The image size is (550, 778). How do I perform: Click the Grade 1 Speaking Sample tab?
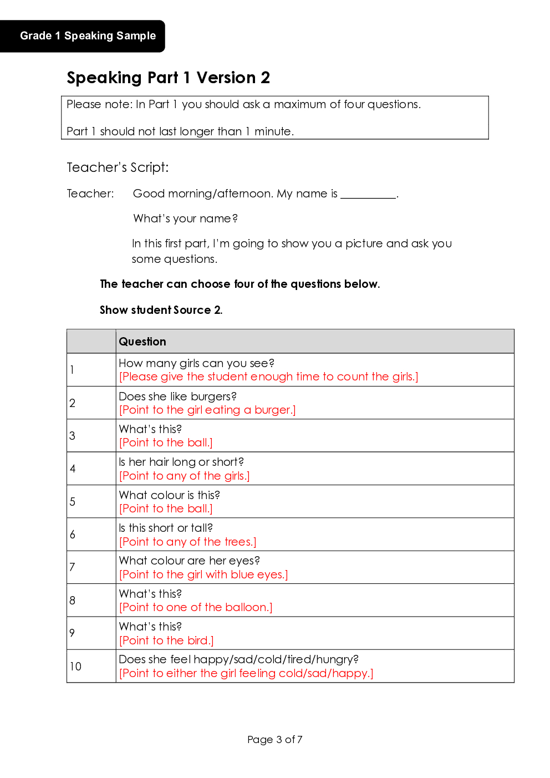(x=88, y=36)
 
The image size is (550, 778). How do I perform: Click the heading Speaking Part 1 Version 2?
(x=168, y=78)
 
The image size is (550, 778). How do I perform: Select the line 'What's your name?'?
(x=185, y=218)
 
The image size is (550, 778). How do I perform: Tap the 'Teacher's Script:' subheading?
(x=118, y=167)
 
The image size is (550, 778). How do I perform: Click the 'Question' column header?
(x=142, y=342)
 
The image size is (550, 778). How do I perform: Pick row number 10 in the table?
(x=75, y=666)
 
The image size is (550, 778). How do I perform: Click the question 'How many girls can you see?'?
(x=196, y=363)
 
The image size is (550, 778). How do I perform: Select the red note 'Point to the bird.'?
(x=166, y=640)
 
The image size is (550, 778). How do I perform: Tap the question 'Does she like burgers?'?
(x=177, y=396)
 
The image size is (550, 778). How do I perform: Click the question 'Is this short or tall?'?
(x=166, y=528)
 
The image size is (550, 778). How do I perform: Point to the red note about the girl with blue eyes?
(x=203, y=574)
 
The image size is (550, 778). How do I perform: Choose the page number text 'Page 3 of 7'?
(x=275, y=739)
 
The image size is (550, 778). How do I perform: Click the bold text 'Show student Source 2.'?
(x=161, y=310)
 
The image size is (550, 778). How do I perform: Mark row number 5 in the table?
(x=73, y=502)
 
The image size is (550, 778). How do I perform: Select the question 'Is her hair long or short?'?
(x=181, y=462)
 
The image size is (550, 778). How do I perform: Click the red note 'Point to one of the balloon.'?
(x=196, y=607)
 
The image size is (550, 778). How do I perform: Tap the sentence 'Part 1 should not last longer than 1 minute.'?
(x=180, y=131)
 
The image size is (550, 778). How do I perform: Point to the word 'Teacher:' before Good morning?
(x=90, y=194)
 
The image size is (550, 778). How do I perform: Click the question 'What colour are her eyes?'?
(x=189, y=561)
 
